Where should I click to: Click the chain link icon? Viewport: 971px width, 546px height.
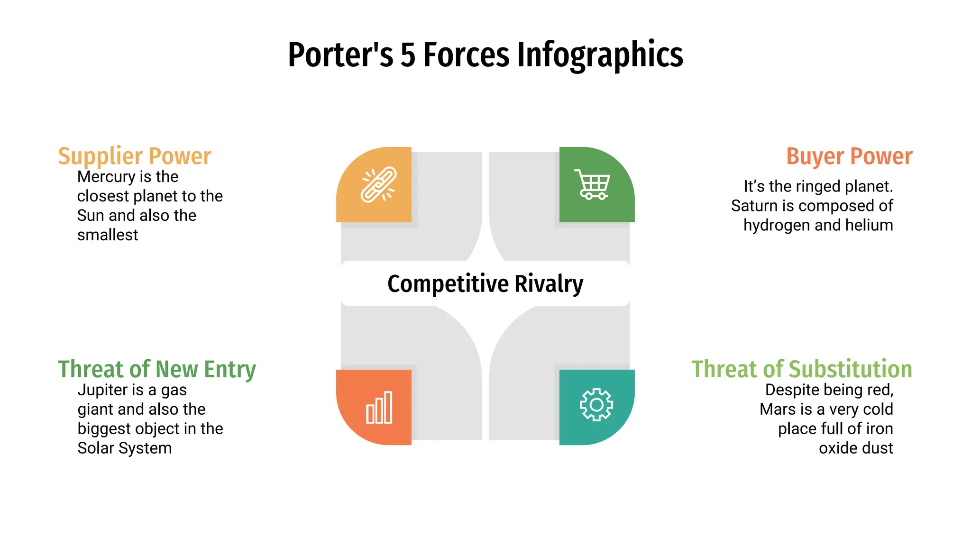(378, 185)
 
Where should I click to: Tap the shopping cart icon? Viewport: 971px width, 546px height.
(593, 184)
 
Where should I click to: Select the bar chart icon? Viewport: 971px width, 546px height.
(379, 408)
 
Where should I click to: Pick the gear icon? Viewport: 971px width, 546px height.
(596, 405)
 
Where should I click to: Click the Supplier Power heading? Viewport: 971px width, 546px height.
(135, 156)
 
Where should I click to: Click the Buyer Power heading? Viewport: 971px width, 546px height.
(849, 156)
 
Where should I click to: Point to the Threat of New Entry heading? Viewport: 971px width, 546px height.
(157, 369)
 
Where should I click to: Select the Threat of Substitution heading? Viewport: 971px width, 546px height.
(801, 369)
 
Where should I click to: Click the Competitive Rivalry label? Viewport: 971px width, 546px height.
(485, 284)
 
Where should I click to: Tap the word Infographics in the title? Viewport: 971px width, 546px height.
(600, 55)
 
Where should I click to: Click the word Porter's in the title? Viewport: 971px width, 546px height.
(340, 55)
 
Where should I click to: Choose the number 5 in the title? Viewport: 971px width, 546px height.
(408, 55)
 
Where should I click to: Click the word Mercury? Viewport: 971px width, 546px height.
(107, 177)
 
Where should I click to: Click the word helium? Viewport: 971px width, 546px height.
(868, 225)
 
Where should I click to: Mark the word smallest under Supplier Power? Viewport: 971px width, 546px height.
(108, 235)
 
